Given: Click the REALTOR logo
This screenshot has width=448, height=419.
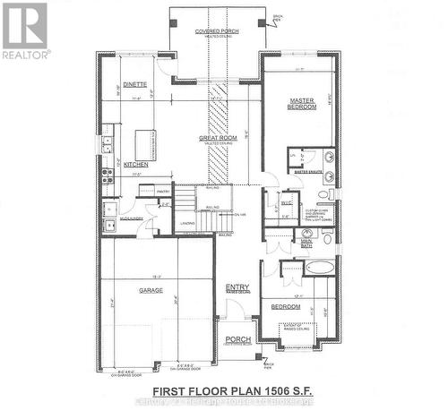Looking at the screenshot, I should tap(24, 31).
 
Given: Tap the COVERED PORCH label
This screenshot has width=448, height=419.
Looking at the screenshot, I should tap(215, 31).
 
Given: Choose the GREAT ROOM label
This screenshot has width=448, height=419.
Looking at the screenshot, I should tap(217, 139).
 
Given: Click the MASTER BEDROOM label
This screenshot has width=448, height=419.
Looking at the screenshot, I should tap(302, 103).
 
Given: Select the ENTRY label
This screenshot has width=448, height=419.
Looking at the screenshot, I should tap(237, 287).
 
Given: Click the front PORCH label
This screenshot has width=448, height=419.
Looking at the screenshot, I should tap(237, 339).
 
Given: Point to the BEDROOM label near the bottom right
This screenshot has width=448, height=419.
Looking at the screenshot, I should tap(286, 306).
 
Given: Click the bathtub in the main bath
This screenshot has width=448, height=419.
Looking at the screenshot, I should tap(319, 268).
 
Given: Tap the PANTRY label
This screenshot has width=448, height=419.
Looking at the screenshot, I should tap(163, 192).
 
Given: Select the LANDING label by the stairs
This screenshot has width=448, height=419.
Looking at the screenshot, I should tap(187, 223).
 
